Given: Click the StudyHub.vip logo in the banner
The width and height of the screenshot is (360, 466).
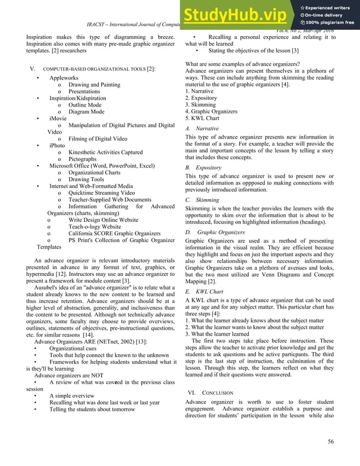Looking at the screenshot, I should (239, 16).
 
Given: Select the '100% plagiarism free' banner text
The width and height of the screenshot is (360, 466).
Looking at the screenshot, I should (330, 23).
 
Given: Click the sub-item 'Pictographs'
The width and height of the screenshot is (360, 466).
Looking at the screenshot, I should (82, 159).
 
